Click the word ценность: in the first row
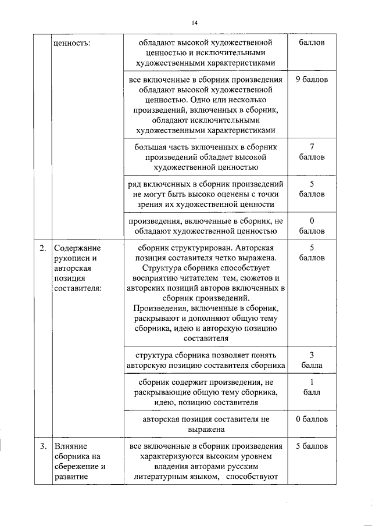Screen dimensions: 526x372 pyautogui.click(x=71, y=44)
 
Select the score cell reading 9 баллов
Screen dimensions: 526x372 pyautogui.click(x=312, y=80)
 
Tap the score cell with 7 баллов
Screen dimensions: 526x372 pyautogui.click(x=312, y=152)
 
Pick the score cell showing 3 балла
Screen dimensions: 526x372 pyautogui.click(x=312, y=360)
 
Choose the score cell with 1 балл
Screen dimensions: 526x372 pyautogui.click(x=312, y=387)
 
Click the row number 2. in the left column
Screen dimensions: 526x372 pyautogui.click(x=42, y=249)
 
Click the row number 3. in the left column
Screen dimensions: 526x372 pyautogui.click(x=42, y=446)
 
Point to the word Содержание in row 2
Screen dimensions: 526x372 pyautogui.click(x=75, y=249)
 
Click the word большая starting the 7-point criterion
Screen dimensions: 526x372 pyautogui.click(x=151, y=146)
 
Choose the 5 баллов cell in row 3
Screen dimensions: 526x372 pyautogui.click(x=312, y=446)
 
